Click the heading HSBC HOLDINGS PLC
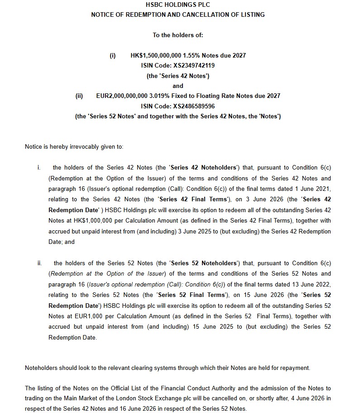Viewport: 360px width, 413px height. (178, 5)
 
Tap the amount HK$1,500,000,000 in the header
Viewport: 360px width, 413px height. (156, 55)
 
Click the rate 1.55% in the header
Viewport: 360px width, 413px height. (191, 55)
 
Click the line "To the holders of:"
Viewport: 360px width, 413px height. (178, 35)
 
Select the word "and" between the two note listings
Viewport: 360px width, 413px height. (178, 86)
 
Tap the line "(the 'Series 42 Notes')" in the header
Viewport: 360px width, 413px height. (178, 76)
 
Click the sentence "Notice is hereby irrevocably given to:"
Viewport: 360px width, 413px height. (74, 146)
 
